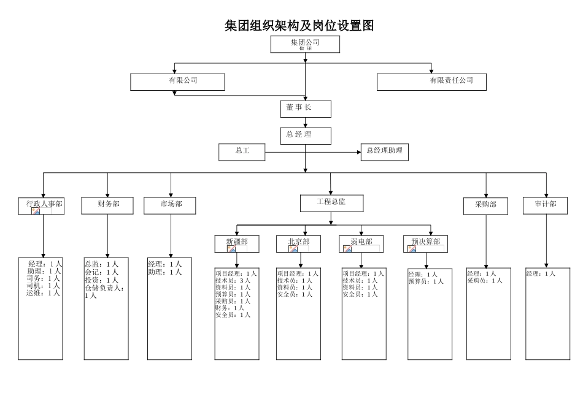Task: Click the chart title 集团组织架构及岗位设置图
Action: (299, 26)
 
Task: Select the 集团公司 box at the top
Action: (305, 44)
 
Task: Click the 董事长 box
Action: (306, 109)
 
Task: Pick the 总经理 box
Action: (306, 135)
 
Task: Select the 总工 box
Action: (242, 151)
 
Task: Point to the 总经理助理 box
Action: (385, 151)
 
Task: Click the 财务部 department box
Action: (107, 205)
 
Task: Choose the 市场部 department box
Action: (171, 205)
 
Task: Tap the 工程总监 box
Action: (331, 203)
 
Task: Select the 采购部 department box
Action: (485, 206)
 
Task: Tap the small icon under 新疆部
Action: (232, 249)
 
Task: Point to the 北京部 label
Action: (299, 242)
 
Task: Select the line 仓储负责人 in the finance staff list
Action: (104, 288)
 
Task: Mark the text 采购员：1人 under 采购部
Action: (485, 281)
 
